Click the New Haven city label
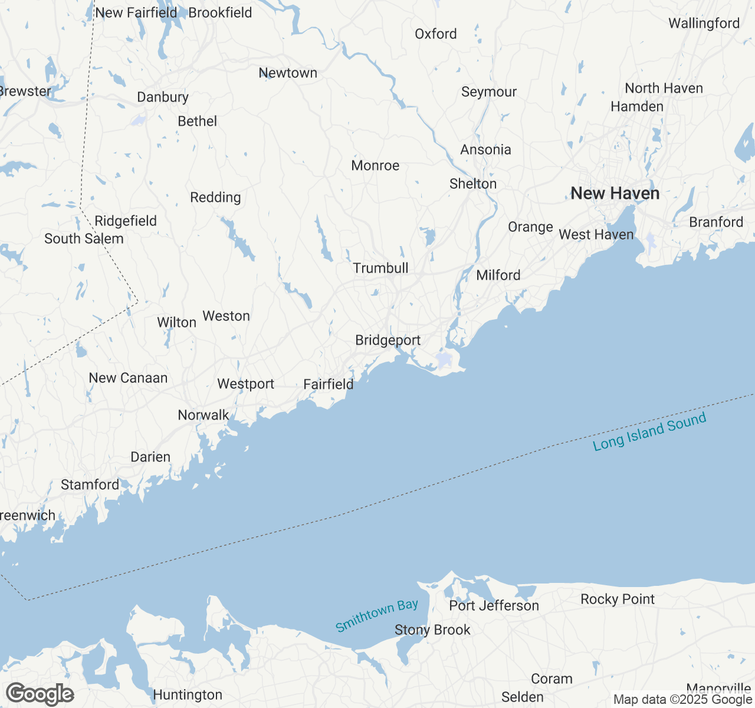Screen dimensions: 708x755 pos(615,194)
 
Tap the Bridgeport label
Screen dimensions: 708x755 pos(388,340)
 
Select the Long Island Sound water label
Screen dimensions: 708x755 pos(649,432)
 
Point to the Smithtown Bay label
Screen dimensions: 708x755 pos(377,615)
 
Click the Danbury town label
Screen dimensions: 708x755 pos(163,97)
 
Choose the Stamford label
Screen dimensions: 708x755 pos(90,485)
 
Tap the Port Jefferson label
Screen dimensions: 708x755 pos(494,606)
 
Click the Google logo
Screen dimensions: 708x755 pos(40,694)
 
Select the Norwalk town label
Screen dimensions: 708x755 pos(203,415)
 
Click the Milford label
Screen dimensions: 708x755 pos(498,276)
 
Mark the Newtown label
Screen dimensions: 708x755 pos(288,73)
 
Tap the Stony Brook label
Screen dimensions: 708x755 pos(432,630)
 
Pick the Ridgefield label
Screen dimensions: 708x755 pos(126,221)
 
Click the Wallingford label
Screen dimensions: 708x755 pos(704,24)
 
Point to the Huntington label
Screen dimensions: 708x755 pos(188,695)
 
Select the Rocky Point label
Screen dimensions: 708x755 pos(618,599)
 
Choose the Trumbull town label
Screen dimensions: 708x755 pos(380,268)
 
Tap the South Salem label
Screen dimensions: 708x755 pos(84,239)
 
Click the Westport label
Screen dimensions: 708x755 pos(245,384)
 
